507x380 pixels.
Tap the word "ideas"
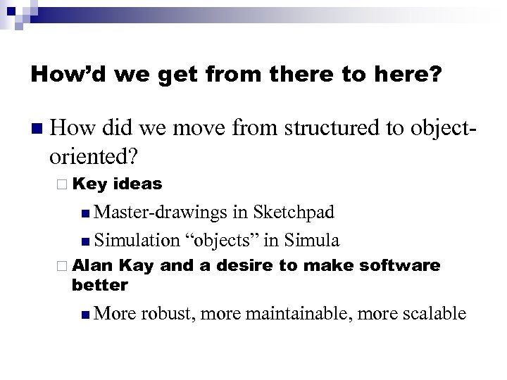click(x=137, y=184)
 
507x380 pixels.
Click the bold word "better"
click(x=100, y=284)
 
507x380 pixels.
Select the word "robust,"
click(x=167, y=312)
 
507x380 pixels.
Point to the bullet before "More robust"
click(x=85, y=313)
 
